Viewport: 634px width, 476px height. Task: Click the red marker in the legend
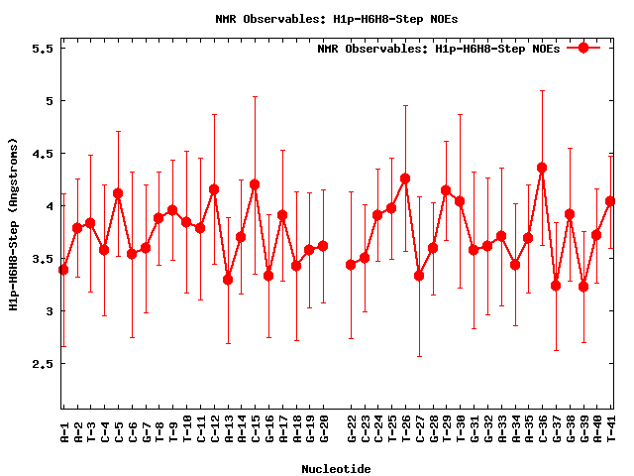[x=583, y=48]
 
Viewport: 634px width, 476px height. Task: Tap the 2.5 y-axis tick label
[x=40, y=364]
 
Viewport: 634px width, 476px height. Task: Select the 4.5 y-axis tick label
[x=40, y=153]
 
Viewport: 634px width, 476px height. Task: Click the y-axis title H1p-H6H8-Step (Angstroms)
[x=14, y=224]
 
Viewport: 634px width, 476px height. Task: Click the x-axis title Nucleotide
[x=337, y=468]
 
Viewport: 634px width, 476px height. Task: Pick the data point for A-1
[x=63, y=270]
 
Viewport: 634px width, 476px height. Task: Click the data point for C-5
[x=118, y=193]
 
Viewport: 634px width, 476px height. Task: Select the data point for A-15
[x=255, y=184]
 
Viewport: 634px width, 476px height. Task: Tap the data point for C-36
[x=542, y=168]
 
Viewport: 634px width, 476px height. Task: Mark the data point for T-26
[x=405, y=178]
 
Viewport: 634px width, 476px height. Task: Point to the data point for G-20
[x=323, y=246]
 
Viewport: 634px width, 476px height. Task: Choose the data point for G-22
[x=351, y=265]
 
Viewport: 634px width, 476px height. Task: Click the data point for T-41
[x=610, y=201]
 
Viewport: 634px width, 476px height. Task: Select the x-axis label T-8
[x=159, y=430]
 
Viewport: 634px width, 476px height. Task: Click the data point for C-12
[x=214, y=189]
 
